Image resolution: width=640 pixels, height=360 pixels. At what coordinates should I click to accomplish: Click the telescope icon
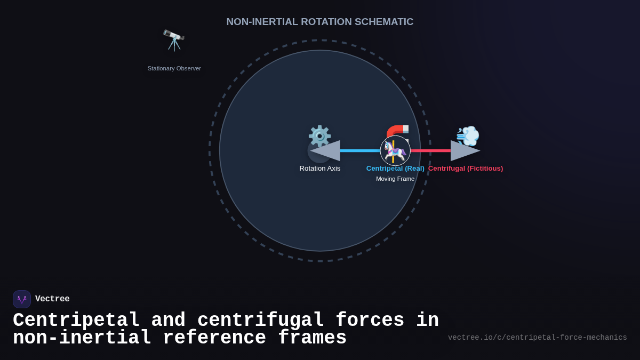click(174, 40)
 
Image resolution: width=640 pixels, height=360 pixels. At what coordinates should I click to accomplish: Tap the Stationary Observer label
click(174, 68)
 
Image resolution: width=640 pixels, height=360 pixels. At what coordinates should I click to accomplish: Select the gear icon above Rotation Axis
click(319, 135)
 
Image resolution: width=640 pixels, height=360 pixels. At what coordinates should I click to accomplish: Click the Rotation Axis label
click(320, 169)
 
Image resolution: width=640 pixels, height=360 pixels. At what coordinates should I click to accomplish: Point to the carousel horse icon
click(395, 151)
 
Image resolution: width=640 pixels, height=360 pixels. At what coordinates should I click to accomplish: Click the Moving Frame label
click(395, 179)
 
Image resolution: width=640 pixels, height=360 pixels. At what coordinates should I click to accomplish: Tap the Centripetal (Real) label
click(395, 169)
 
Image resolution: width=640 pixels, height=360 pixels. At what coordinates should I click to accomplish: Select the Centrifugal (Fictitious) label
click(466, 169)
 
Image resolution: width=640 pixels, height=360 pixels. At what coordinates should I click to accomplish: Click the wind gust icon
click(468, 136)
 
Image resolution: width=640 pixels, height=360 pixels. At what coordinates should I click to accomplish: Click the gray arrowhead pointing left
click(326, 151)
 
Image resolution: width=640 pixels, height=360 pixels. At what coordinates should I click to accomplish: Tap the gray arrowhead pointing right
click(465, 151)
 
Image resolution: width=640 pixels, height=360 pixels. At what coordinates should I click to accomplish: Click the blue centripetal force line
click(360, 151)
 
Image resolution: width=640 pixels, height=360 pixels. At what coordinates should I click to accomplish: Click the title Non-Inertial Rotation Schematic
click(320, 22)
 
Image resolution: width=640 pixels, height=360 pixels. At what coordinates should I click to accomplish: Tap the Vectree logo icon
click(22, 299)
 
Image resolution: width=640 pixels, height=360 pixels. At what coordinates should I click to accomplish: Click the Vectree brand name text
click(52, 299)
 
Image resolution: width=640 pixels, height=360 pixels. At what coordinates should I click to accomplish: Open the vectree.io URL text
click(537, 338)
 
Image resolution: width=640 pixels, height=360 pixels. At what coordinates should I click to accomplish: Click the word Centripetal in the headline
click(76, 321)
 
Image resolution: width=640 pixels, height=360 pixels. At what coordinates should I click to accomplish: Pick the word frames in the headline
click(312, 338)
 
